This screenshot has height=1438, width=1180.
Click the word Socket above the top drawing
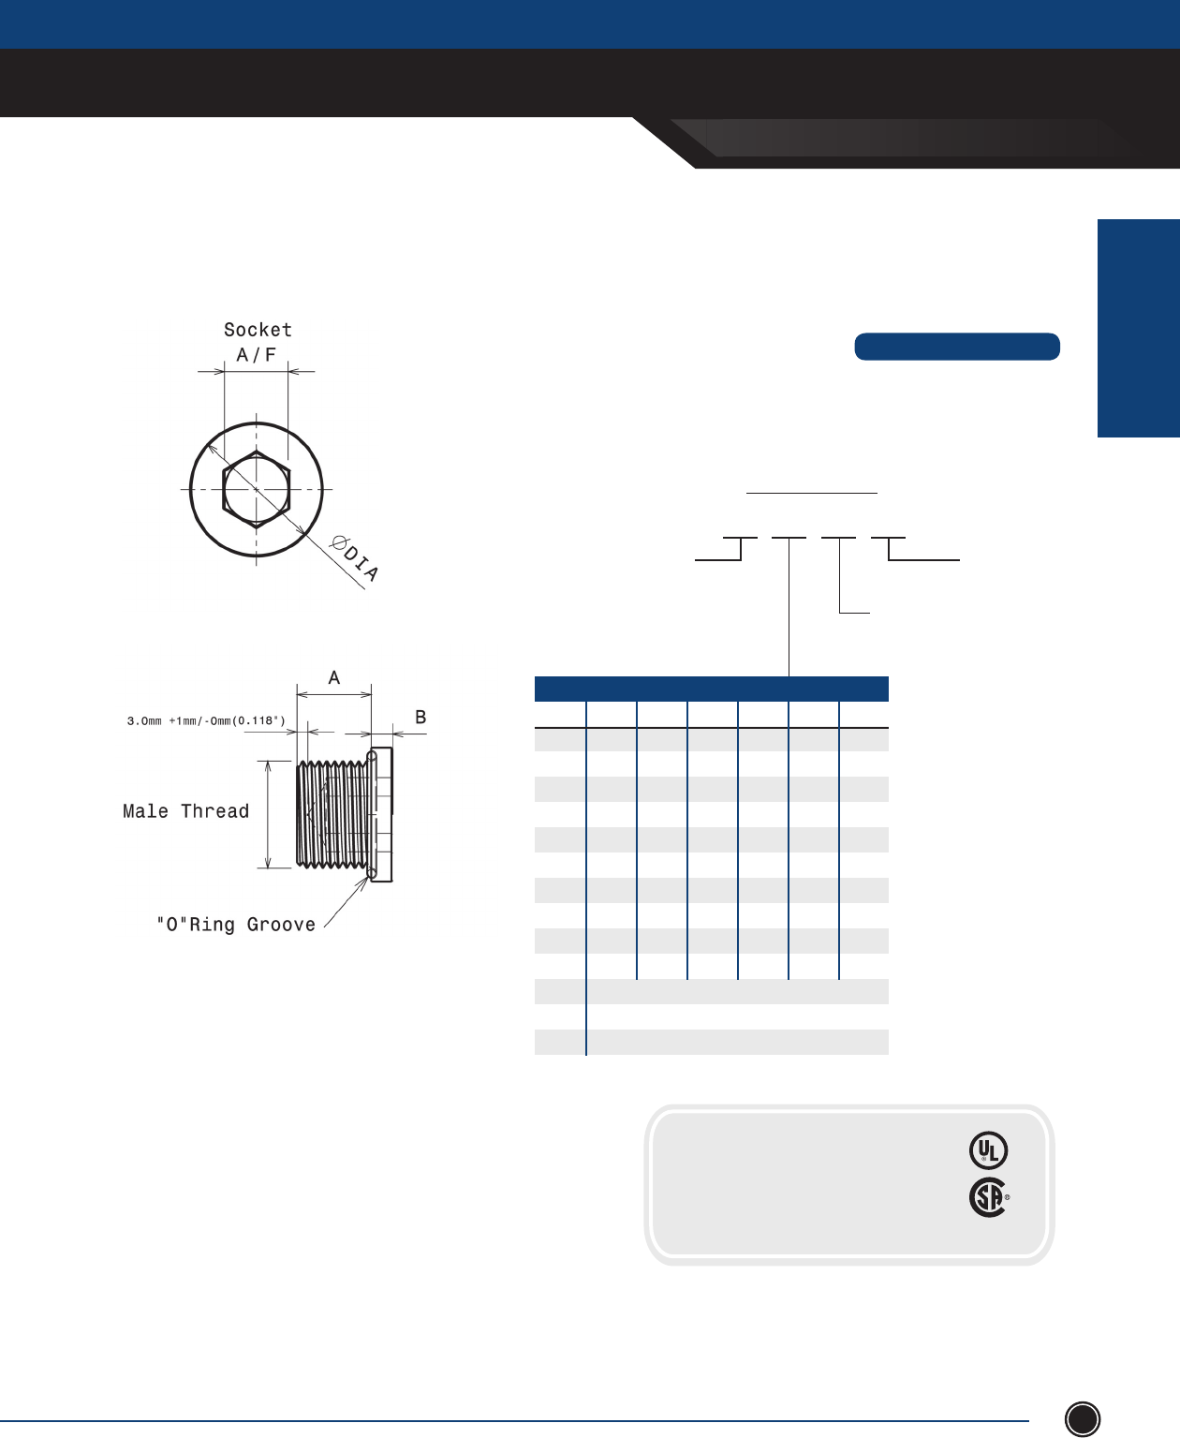click(x=258, y=330)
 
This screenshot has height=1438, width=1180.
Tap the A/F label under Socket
click(x=257, y=354)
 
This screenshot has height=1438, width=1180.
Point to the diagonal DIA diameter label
click(x=354, y=558)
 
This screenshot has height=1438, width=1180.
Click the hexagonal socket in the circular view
click(x=257, y=489)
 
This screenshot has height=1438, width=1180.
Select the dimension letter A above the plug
click(x=334, y=677)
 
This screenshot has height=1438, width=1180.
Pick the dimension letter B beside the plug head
click(x=420, y=718)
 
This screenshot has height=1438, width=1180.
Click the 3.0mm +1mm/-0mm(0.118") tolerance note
click(x=206, y=720)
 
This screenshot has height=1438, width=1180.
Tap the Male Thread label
click(x=186, y=810)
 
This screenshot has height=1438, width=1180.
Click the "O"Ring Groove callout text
click(x=236, y=924)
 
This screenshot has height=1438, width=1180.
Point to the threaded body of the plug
click(x=333, y=815)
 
